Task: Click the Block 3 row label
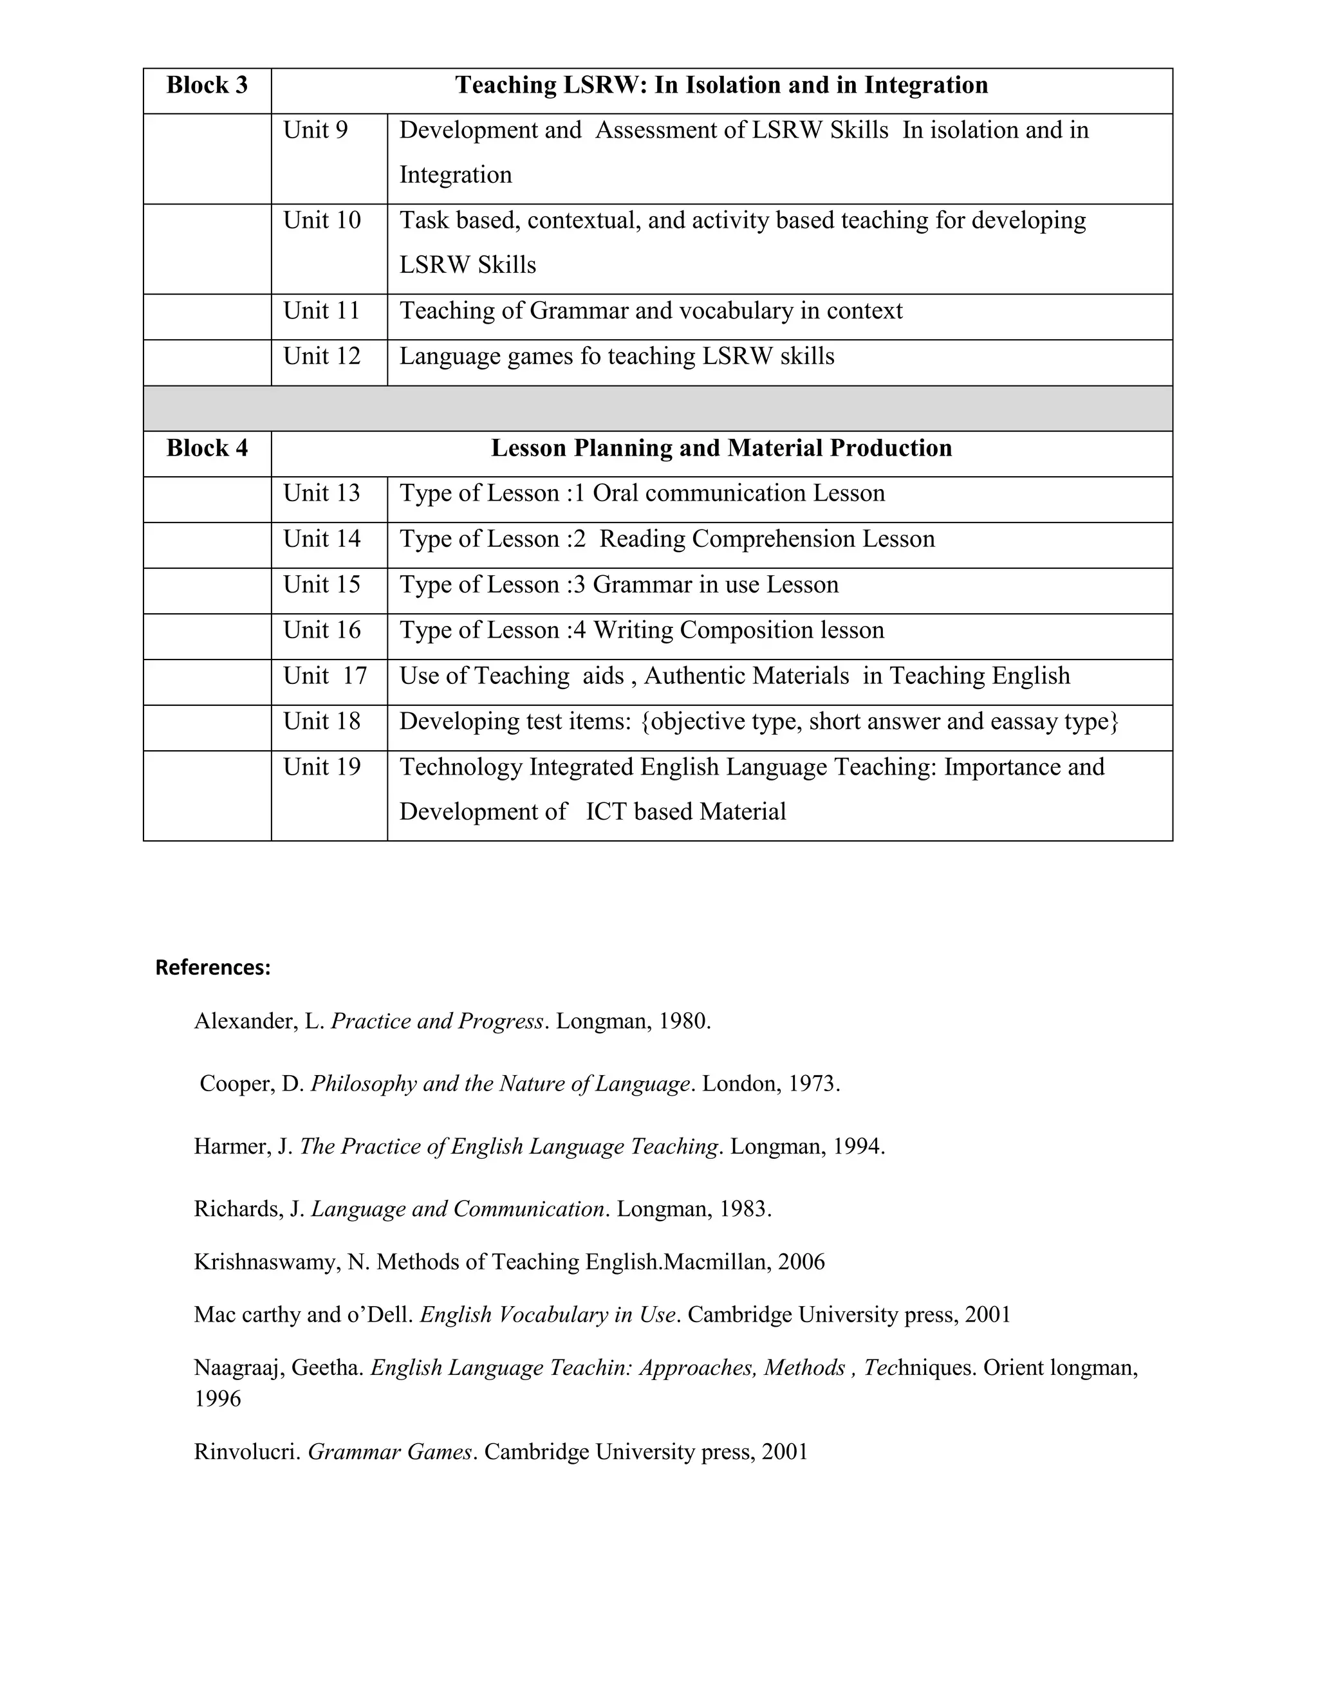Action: point(207,85)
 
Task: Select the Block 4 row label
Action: point(207,448)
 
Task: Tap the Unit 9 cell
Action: point(315,131)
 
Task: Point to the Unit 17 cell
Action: point(325,676)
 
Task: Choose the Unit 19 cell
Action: point(322,768)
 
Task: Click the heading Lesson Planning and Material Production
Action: point(721,448)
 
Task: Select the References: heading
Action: point(213,968)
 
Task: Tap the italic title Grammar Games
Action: point(389,1452)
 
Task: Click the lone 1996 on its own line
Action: point(218,1398)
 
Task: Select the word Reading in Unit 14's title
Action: point(642,539)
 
